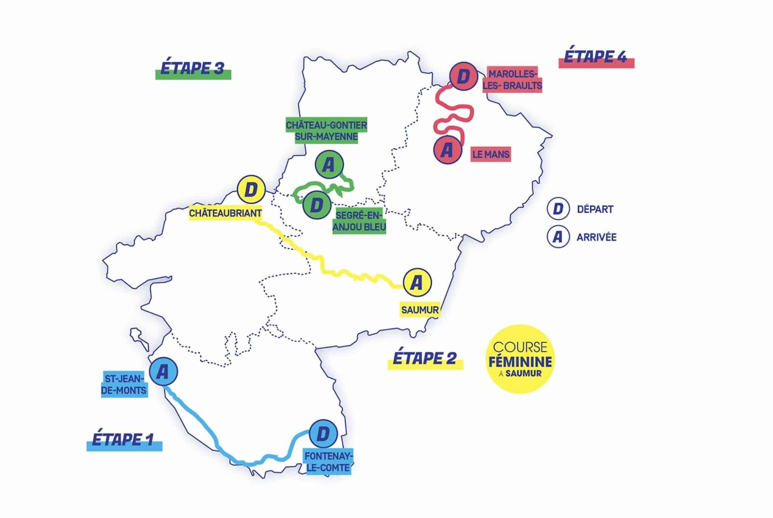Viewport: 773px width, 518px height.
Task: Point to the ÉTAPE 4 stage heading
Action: [595, 57]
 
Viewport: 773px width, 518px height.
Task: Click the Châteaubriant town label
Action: [225, 213]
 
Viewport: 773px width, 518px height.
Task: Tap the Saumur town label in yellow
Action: [420, 310]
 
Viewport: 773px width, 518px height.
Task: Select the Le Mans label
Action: [491, 154]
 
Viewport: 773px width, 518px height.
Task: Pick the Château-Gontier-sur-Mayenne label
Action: [326, 131]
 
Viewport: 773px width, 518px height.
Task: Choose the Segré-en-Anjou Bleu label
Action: [359, 221]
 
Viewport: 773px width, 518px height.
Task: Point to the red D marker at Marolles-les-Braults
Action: [463, 77]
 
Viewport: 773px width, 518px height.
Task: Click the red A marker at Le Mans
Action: [447, 150]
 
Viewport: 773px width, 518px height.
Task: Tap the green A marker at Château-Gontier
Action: [329, 165]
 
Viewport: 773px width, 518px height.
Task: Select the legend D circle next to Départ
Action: [558, 209]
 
